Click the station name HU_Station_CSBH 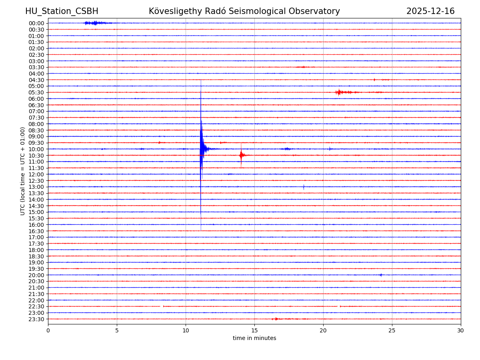tap(62, 11)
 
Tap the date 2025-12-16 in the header tap(430, 11)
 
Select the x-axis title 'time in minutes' tap(254, 338)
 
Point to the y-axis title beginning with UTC tap(23, 171)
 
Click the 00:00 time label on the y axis tap(36, 23)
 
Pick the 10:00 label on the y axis tap(36, 149)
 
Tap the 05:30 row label tap(36, 92)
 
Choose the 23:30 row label tap(36, 319)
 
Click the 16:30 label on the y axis tap(36, 231)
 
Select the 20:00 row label tap(36, 275)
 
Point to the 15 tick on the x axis tap(254, 330)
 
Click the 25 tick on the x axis tap(392, 330)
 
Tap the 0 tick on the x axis tap(48, 330)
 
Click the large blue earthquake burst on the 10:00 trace tap(202, 149)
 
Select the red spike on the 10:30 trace tap(241, 155)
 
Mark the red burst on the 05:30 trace tap(340, 92)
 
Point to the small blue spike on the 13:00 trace tap(304, 187)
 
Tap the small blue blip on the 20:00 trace tap(381, 275)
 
